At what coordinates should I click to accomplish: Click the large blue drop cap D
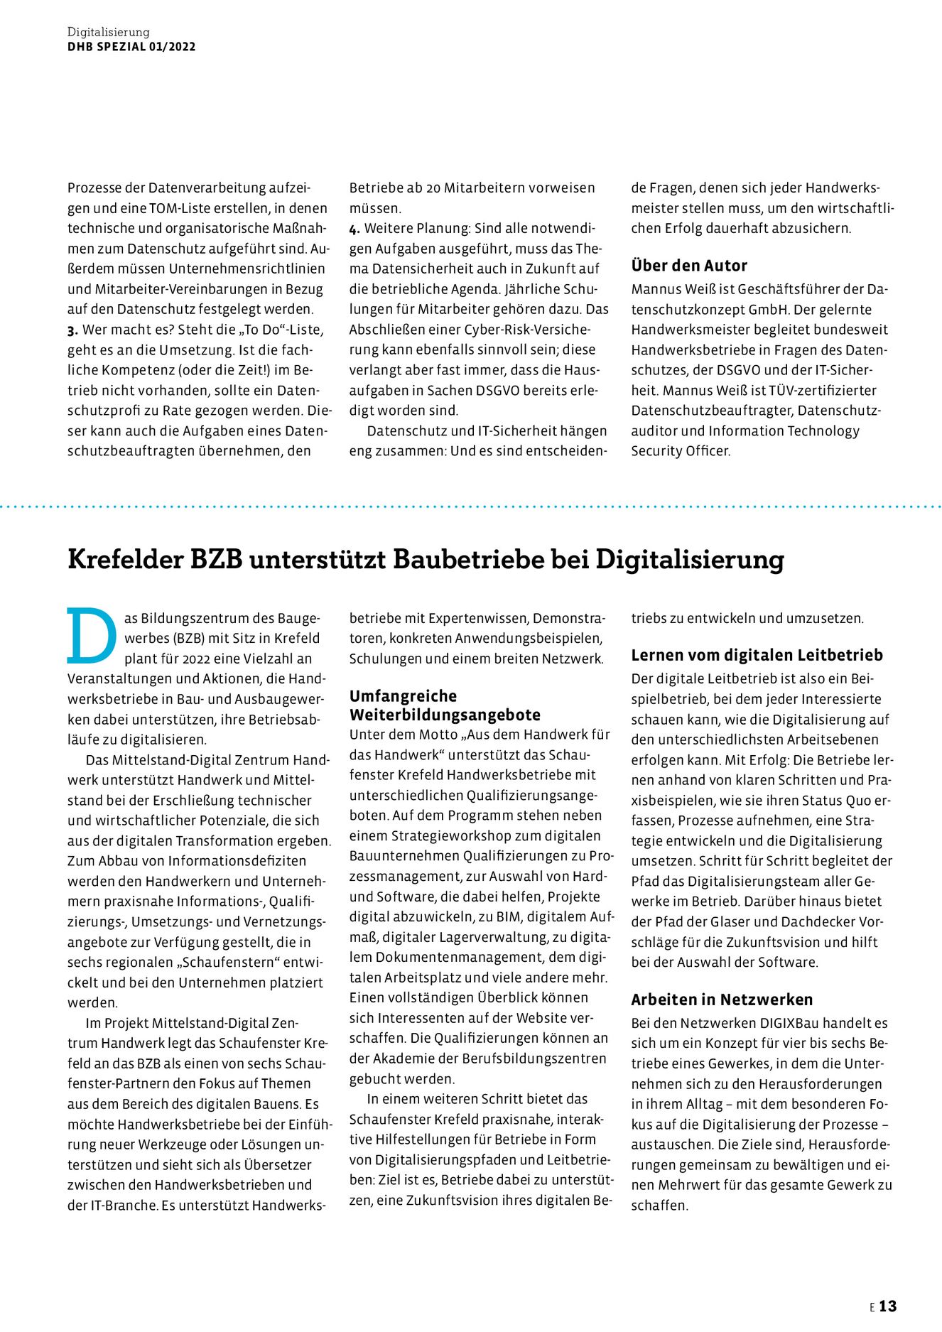tap(92, 635)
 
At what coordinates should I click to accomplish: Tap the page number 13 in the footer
tap(888, 1306)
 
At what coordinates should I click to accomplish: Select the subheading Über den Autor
tap(689, 266)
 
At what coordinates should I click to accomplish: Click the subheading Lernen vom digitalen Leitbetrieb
tap(757, 655)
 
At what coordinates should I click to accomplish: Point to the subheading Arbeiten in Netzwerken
tap(722, 1000)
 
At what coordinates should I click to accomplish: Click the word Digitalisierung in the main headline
tap(689, 559)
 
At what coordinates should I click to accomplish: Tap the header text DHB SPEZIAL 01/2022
tap(131, 47)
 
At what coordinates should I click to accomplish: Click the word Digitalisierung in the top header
tap(109, 32)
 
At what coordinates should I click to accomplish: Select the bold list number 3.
tap(72, 330)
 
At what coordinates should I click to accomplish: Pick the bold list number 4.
tap(354, 229)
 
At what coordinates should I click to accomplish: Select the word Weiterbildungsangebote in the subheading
tap(445, 715)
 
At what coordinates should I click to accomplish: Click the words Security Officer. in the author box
tap(681, 451)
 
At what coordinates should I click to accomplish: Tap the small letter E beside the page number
tap(872, 1307)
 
